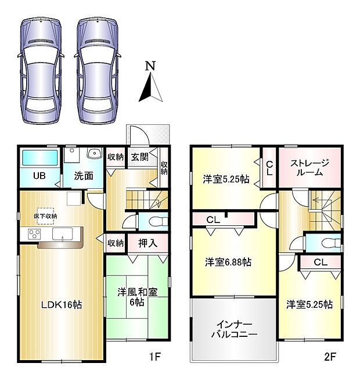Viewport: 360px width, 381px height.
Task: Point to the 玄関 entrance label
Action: coord(139,157)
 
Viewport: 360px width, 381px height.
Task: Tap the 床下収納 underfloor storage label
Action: coord(45,216)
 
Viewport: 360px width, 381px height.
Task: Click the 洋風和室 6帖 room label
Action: coord(136,297)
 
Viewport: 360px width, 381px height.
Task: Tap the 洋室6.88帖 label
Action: coord(228,263)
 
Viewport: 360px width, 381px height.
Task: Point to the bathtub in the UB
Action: coord(39,157)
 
